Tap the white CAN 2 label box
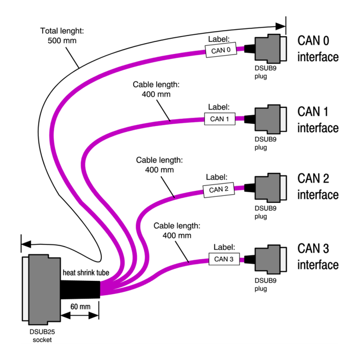click(x=218, y=190)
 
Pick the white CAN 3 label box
click(x=224, y=259)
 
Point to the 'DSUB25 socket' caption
click(x=42, y=336)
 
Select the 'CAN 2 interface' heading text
click(x=317, y=186)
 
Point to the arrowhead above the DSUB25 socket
click(x=26, y=244)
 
